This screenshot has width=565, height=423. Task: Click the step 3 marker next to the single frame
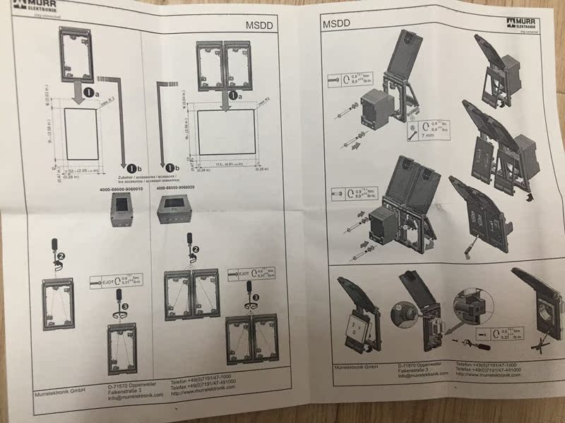(126, 308)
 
